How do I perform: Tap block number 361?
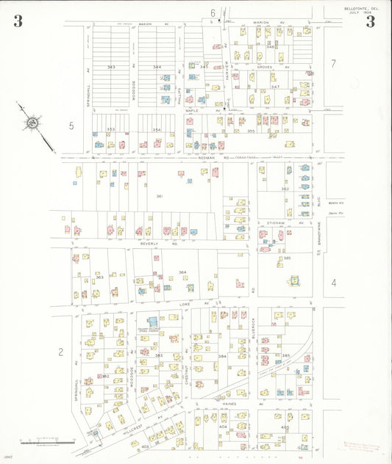[158, 196]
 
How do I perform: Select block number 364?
[182, 272]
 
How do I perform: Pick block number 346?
[270, 46]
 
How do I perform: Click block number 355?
[251, 131]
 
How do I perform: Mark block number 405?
[285, 427]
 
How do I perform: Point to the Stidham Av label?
[277, 221]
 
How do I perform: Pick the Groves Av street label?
[265, 67]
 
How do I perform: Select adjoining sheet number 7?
[333, 64]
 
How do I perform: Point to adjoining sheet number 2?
[62, 351]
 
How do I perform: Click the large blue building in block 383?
[153, 323]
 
